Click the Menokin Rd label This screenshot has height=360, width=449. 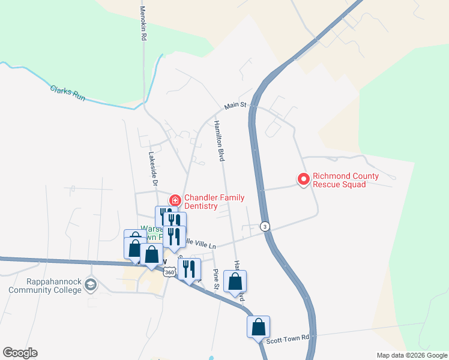143,23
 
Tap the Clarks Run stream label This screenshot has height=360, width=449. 67,92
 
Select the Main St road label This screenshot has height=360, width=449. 236,106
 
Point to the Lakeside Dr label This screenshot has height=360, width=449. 153,168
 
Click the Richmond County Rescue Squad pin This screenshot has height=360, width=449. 304,179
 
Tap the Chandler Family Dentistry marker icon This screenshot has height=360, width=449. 175,200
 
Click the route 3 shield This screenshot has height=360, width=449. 265,226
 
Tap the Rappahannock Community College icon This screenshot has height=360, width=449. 91,283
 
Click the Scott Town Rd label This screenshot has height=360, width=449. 288,339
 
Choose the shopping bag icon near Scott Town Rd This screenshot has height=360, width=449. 258,327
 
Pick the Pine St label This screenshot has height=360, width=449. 216,280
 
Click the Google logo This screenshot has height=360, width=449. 20,353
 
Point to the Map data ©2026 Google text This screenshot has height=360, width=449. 411,355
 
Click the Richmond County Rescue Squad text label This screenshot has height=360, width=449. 346,180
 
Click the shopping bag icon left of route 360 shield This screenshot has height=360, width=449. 151,256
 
